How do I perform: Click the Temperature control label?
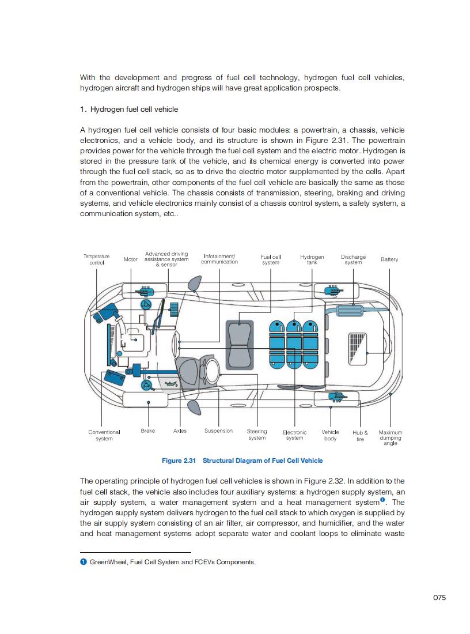pyautogui.click(x=96, y=259)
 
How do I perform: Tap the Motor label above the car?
pyautogui.click(x=131, y=259)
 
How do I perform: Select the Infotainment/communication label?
pyautogui.click(x=219, y=259)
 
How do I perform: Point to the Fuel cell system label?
pyautogui.click(x=271, y=259)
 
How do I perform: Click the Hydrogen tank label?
pyautogui.click(x=312, y=259)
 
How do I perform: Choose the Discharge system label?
pyautogui.click(x=353, y=259)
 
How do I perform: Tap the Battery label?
pyautogui.click(x=389, y=259)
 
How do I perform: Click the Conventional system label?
pyautogui.click(x=104, y=435)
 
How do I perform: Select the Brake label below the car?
pyautogui.click(x=148, y=431)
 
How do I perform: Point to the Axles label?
pyautogui.click(x=180, y=431)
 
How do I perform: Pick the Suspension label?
pyautogui.click(x=219, y=431)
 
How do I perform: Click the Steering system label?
pyautogui.click(x=257, y=435)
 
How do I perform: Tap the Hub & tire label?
pyautogui.click(x=360, y=435)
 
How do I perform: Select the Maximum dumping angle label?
pyautogui.click(x=391, y=437)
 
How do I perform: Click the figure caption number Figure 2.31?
pyautogui.click(x=179, y=461)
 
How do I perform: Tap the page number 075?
pyautogui.click(x=439, y=598)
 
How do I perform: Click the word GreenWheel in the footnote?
pyautogui.click(x=106, y=562)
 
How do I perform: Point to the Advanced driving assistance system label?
pyautogui.click(x=166, y=259)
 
